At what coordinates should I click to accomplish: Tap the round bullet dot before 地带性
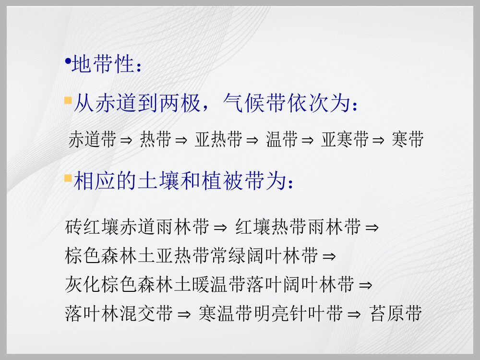(x=68, y=61)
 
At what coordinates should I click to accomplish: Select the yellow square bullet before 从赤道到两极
(x=68, y=101)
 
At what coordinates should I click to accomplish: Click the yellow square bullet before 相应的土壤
(x=68, y=179)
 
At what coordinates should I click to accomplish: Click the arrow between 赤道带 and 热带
(x=126, y=140)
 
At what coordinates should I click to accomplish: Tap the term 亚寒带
(x=345, y=140)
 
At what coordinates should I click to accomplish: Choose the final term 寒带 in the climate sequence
(x=407, y=140)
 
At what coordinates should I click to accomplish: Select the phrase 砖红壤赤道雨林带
(x=137, y=227)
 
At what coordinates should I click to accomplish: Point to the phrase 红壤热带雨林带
(x=298, y=227)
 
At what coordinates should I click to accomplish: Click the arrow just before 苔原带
(x=354, y=314)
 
